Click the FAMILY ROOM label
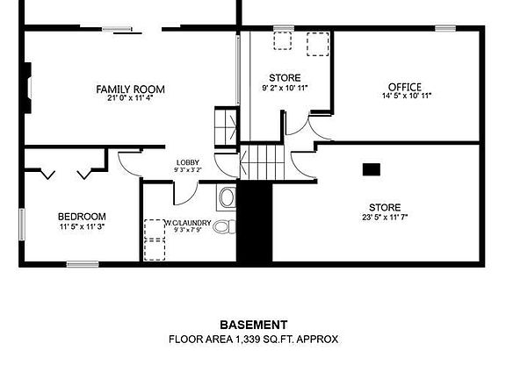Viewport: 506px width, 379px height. (x=130, y=89)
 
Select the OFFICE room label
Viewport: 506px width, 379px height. (x=405, y=87)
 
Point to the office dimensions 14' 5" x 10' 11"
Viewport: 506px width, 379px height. (x=405, y=96)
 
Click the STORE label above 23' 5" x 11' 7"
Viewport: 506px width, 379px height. (x=385, y=208)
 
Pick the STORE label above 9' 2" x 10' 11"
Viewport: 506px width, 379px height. (x=285, y=78)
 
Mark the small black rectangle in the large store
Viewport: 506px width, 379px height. (x=372, y=168)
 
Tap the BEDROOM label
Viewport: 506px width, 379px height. (x=82, y=217)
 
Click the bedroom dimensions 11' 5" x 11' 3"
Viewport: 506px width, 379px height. (x=82, y=226)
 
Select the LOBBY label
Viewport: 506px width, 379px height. (x=187, y=162)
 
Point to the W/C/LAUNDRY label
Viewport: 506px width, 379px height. (x=187, y=223)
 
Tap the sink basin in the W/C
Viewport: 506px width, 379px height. (x=227, y=197)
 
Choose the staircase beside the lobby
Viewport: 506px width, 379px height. (x=258, y=163)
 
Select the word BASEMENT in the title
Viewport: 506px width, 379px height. (x=253, y=325)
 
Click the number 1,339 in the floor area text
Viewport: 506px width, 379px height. (x=249, y=339)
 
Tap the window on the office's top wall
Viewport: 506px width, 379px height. (x=445, y=29)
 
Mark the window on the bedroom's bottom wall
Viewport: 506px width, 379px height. (x=82, y=263)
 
